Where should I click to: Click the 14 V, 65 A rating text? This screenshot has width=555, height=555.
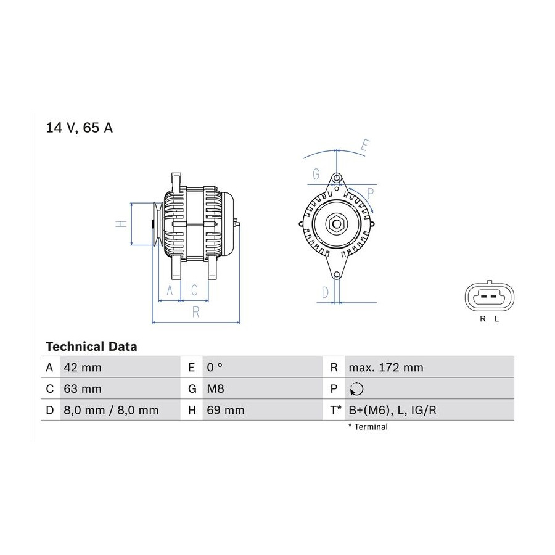tap(80, 128)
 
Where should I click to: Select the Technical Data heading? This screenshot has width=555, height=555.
tap(91, 347)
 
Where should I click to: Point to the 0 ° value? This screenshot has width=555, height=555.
tap(215, 368)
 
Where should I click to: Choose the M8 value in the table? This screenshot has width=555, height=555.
tap(215, 388)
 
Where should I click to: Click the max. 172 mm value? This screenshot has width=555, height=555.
tap(386, 368)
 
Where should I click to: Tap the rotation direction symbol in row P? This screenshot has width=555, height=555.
tap(356, 389)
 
